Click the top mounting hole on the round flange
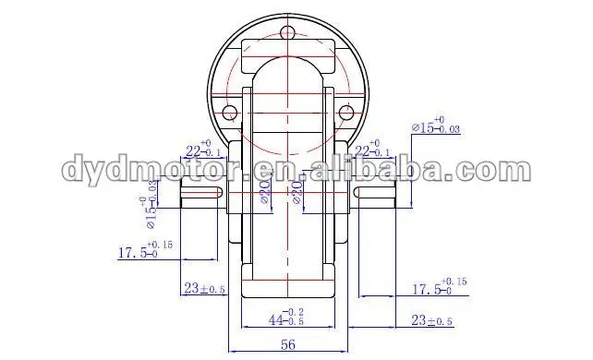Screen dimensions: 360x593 (289, 34)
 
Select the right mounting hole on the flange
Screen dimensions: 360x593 (346, 114)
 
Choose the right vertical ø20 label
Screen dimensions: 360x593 (297, 193)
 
